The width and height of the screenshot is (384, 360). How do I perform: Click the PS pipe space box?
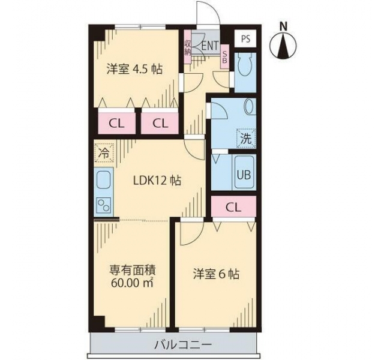245,38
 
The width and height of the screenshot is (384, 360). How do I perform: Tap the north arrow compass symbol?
283,46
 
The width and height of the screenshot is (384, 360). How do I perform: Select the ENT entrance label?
210,46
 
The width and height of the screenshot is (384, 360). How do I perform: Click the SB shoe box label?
225,57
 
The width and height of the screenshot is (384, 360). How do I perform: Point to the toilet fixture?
245,65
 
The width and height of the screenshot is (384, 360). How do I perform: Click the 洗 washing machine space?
246,139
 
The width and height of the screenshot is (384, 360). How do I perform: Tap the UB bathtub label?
244,175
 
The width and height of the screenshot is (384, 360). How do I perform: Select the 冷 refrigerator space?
104,153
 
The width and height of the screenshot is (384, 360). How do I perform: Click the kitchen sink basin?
104,180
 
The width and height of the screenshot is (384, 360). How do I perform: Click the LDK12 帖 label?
157,181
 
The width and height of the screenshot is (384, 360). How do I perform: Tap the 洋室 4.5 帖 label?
134,69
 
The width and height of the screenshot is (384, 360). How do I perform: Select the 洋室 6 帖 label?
216,274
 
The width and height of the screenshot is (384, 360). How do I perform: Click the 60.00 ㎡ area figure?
132,283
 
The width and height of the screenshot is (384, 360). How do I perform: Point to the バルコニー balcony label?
183,346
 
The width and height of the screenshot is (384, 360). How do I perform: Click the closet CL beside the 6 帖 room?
233,208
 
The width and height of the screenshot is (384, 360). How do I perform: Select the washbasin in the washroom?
250,107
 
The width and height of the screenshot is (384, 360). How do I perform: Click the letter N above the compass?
284,26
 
